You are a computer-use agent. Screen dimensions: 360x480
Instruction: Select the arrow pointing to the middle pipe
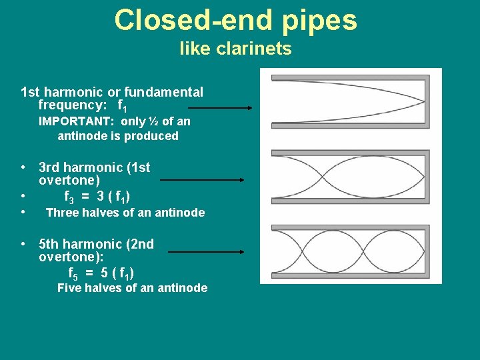[x=203, y=179]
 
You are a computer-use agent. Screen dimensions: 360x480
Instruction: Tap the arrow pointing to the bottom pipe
[x=207, y=252]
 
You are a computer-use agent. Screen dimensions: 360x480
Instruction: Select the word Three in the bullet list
[x=62, y=213]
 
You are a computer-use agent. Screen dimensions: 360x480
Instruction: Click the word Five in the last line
[x=70, y=288]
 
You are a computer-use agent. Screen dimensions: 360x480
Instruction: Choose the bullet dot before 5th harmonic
[x=23, y=244]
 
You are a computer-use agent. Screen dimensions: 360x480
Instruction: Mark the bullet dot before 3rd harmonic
[x=23, y=167]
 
